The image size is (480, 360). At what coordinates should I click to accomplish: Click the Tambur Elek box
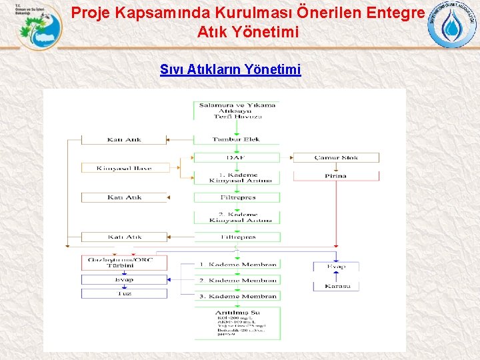(x=237, y=139)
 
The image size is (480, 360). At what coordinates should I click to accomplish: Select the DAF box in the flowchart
(x=237, y=158)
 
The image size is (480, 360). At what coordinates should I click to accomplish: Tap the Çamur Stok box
(x=336, y=158)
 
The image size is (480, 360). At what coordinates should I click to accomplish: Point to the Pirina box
(x=336, y=175)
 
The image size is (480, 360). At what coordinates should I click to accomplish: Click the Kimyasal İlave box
(x=124, y=168)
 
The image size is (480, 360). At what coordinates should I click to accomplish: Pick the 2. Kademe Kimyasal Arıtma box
(x=237, y=217)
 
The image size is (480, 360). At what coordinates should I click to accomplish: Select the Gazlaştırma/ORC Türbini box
(x=124, y=262)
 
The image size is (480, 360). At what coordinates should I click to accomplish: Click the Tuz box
(x=124, y=293)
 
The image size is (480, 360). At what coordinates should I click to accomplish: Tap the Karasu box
(x=336, y=286)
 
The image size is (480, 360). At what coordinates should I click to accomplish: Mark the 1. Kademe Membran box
(x=238, y=265)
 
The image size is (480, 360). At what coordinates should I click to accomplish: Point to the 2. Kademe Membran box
(x=238, y=281)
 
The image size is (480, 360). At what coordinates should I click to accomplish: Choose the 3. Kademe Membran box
(x=238, y=296)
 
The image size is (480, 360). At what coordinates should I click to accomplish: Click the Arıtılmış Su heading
(x=237, y=312)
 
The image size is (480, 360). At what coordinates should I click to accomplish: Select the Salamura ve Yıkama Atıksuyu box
(x=237, y=110)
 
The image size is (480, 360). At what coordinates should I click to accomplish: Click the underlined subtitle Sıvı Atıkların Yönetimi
(x=230, y=69)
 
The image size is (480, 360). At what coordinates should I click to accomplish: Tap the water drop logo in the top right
(x=452, y=25)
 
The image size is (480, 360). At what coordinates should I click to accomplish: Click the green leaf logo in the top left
(x=37, y=27)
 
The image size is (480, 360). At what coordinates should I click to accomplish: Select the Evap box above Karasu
(x=336, y=267)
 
